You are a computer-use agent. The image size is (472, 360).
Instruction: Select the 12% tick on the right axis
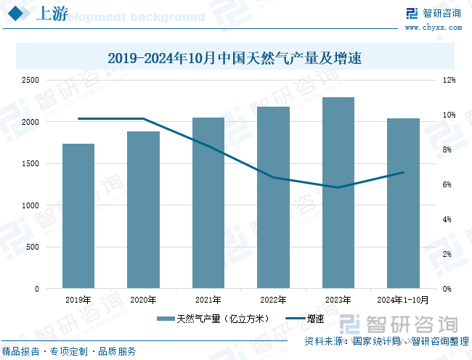pos(449,81)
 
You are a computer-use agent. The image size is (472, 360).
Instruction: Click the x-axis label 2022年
pos(273,299)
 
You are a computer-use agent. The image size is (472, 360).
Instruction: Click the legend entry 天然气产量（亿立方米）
pos(215,318)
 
